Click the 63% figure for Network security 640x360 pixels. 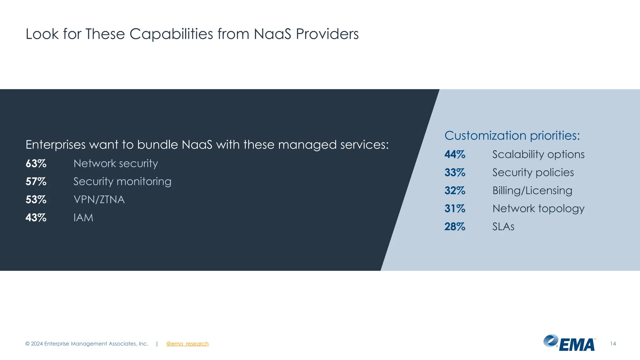click(36, 163)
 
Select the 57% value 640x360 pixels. click(36, 182)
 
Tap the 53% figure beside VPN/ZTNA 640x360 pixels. click(36, 200)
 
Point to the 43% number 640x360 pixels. click(36, 217)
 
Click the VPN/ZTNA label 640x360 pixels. click(99, 200)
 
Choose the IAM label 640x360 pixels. click(83, 217)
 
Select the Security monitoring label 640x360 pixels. click(122, 182)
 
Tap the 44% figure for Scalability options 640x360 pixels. click(455, 154)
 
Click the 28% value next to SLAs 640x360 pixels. click(455, 227)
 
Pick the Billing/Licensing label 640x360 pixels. click(532, 191)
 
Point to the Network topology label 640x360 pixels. click(538, 208)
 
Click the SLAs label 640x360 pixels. click(503, 227)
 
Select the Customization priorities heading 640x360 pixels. click(512, 136)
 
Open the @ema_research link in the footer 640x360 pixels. click(187, 344)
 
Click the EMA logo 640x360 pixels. click(569, 343)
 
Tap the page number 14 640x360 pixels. click(613, 344)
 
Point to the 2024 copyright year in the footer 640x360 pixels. click(37, 344)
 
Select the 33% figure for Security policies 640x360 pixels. click(455, 172)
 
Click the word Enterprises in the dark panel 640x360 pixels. click(55, 145)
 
